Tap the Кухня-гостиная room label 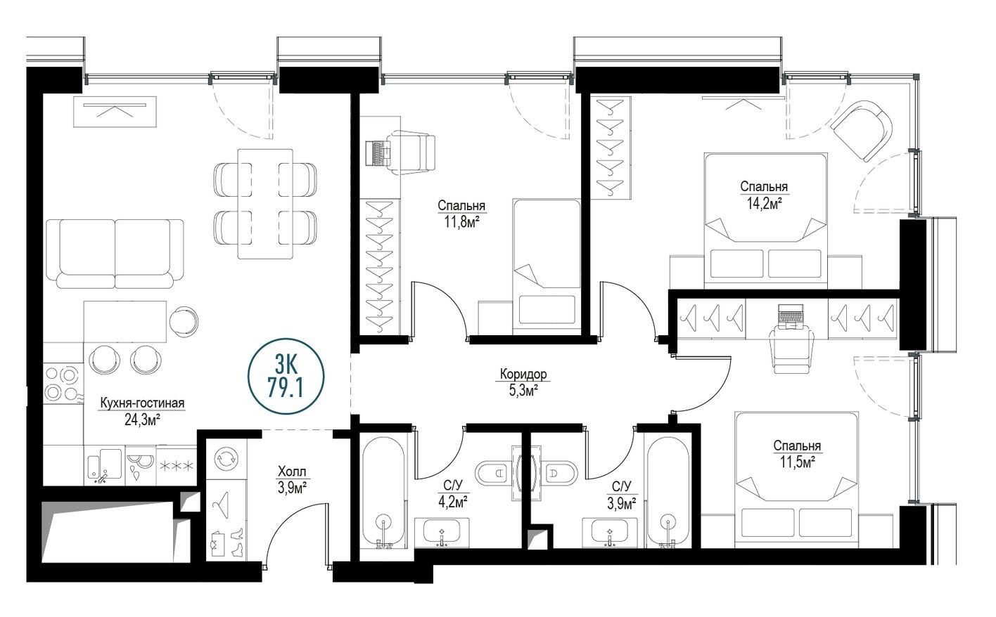coord(142,403)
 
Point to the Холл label coord(292,472)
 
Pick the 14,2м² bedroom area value coord(763,203)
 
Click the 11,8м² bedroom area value coord(461,222)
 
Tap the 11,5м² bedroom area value coord(796,462)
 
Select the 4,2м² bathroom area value coord(452,501)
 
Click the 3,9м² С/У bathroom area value coord(621,502)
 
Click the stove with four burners coord(63,383)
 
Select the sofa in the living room coord(115,254)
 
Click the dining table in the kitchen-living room coord(264,203)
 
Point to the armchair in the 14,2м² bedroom coord(862,130)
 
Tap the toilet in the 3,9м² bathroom coord(560,474)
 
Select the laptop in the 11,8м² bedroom coord(379,152)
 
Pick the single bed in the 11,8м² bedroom coord(546,264)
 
